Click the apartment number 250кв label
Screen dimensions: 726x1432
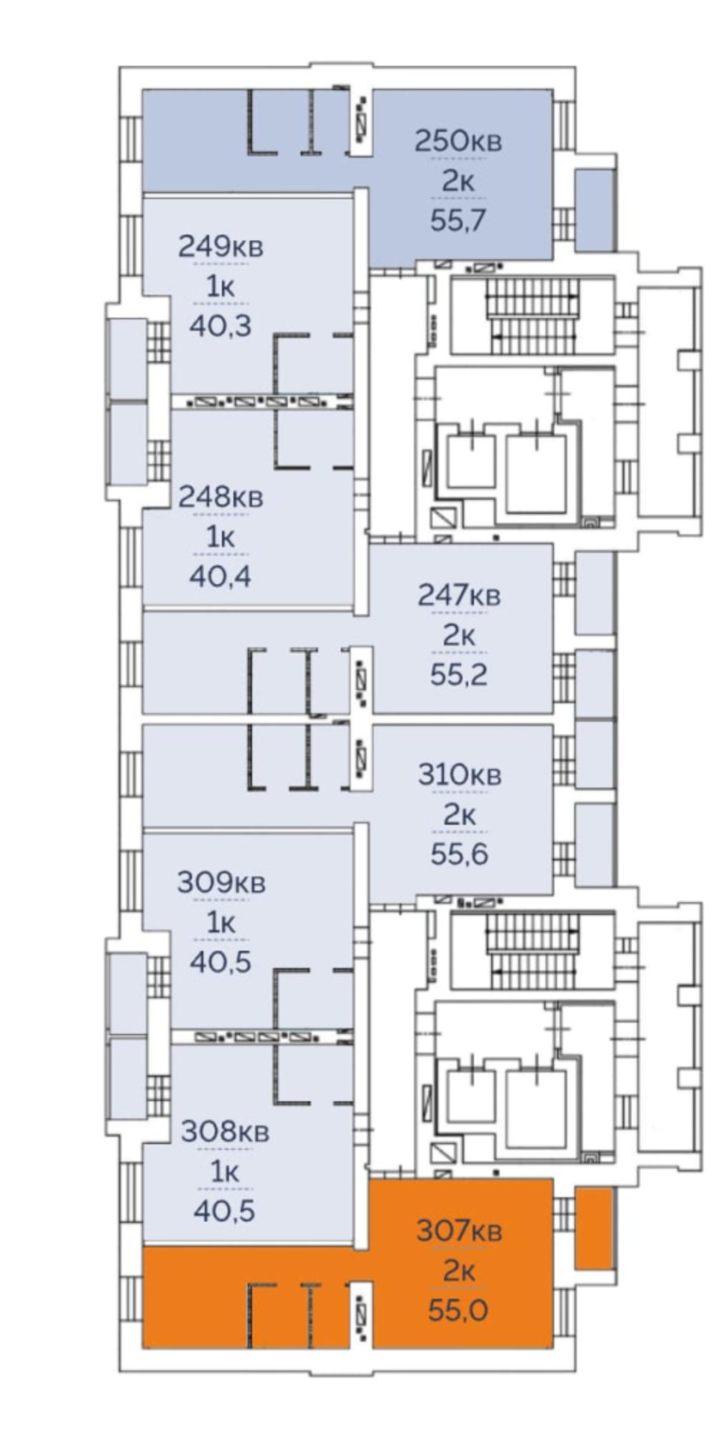[458, 140]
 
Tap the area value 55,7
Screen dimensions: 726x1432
[458, 220]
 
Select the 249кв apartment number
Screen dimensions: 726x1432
[221, 246]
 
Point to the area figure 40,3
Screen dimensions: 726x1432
[221, 326]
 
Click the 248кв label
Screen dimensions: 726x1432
[221, 496]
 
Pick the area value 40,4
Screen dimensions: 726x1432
[221, 575]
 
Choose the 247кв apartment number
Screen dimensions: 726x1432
[459, 595]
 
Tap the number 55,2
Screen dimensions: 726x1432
[459, 674]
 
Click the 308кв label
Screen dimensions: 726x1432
[225, 1132]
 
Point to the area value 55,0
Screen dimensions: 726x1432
[459, 1311]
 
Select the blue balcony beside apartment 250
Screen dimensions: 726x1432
[595, 210]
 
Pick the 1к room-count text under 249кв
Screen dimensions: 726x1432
[221, 286]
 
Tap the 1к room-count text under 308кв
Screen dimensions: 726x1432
[225, 1172]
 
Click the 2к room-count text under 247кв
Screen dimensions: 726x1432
[459, 635]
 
